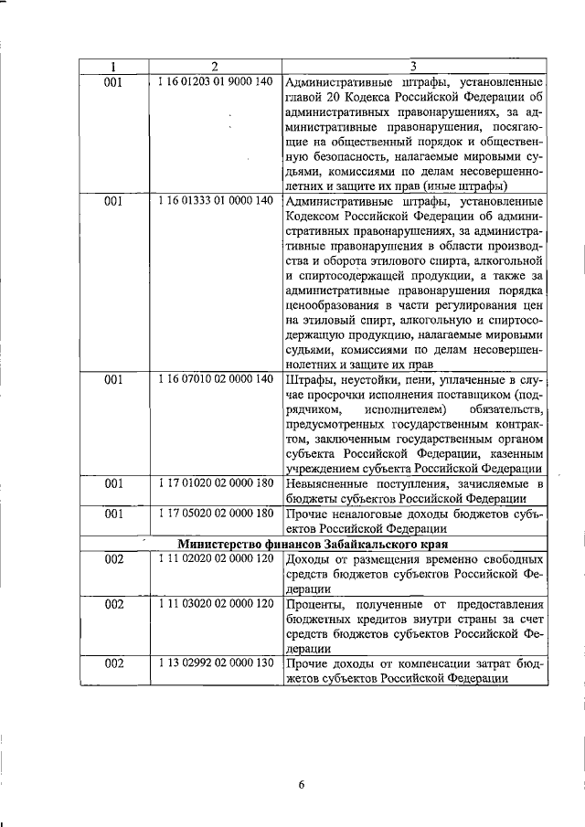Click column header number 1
tap(112, 66)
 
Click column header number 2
tap(214, 66)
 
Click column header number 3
tap(413, 66)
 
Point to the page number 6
tap(300, 784)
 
